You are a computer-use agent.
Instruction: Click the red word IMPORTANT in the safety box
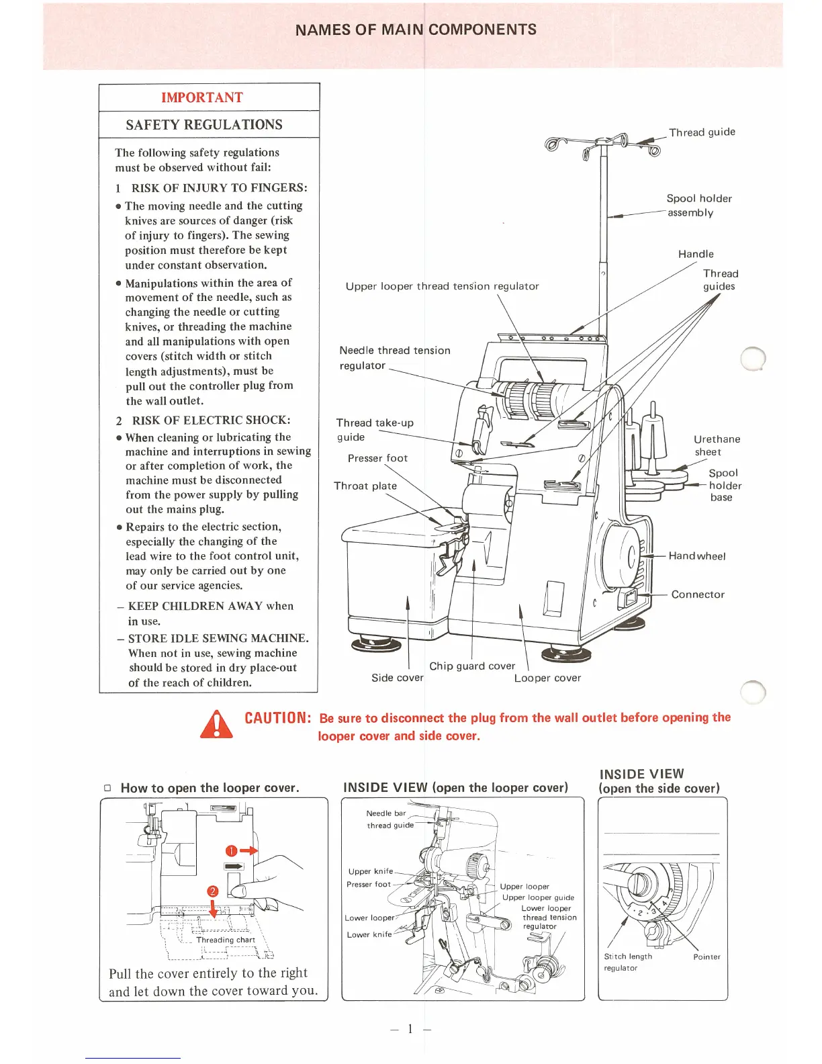[x=201, y=97]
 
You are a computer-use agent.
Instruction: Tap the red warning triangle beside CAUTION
[x=216, y=725]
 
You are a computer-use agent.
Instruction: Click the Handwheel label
[x=696, y=556]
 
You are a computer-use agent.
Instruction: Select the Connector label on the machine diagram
[x=698, y=594]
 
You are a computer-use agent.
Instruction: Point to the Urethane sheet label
[x=717, y=445]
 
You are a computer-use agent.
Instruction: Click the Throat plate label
[x=365, y=486]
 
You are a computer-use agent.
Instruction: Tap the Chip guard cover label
[x=472, y=666]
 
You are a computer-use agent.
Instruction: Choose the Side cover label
[x=398, y=678]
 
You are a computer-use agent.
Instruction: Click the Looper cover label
[x=547, y=678]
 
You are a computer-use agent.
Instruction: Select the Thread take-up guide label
[x=374, y=430]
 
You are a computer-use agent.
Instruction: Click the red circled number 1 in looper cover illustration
[x=231, y=851]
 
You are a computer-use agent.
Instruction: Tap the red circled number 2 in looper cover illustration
[x=213, y=891]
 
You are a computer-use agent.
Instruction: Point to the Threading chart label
[x=225, y=940]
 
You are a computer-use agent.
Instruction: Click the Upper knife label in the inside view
[x=370, y=871]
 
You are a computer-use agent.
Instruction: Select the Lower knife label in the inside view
[x=369, y=934]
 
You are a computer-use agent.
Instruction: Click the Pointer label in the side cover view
[x=706, y=957]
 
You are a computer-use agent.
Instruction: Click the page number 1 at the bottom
[x=410, y=1028]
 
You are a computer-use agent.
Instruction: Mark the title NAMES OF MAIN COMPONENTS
[x=416, y=30]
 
